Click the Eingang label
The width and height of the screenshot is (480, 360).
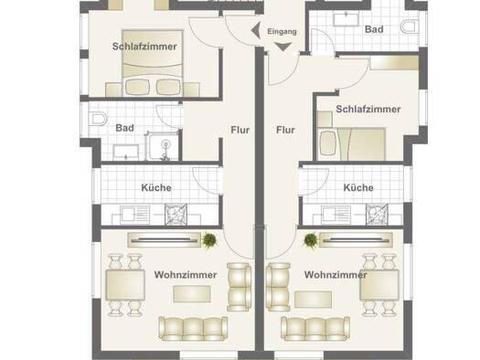(281, 32)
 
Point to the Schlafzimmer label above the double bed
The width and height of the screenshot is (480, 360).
(145, 46)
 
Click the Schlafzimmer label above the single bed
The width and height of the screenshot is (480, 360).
(368, 110)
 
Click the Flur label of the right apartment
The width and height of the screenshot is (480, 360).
(286, 130)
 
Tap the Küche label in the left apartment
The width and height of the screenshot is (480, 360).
(156, 188)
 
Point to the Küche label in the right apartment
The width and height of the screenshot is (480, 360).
(357, 188)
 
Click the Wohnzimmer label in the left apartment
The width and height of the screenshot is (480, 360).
(185, 274)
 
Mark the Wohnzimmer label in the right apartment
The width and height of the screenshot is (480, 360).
(336, 274)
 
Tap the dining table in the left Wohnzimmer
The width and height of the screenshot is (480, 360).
(125, 286)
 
